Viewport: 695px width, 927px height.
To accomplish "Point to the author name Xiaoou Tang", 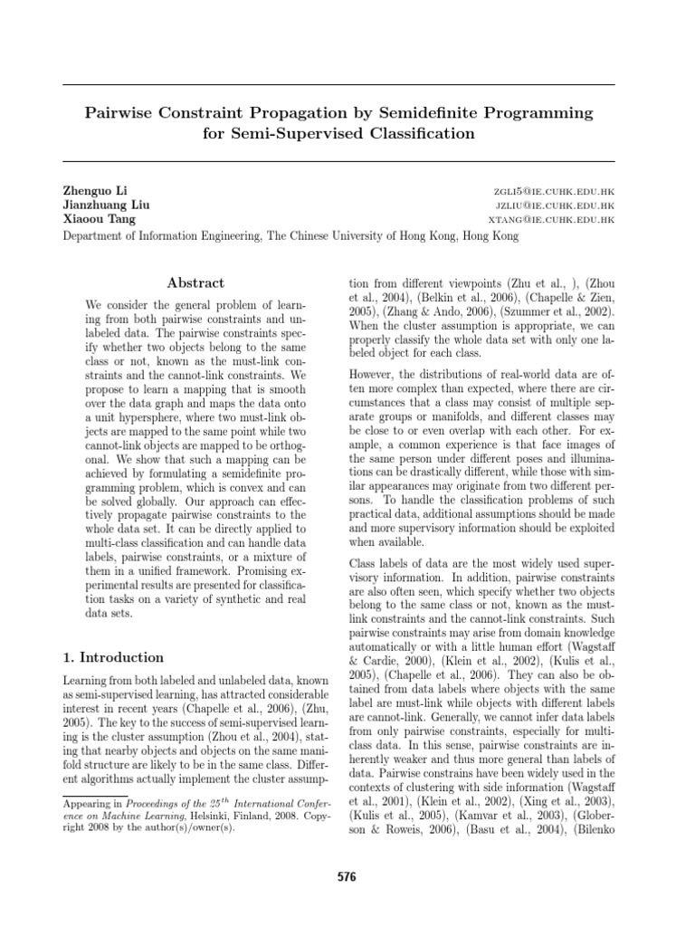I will click(95, 220).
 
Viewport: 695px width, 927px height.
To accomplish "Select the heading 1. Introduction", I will click(113, 657).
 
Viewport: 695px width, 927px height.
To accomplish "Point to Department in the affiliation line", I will click(99, 235).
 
